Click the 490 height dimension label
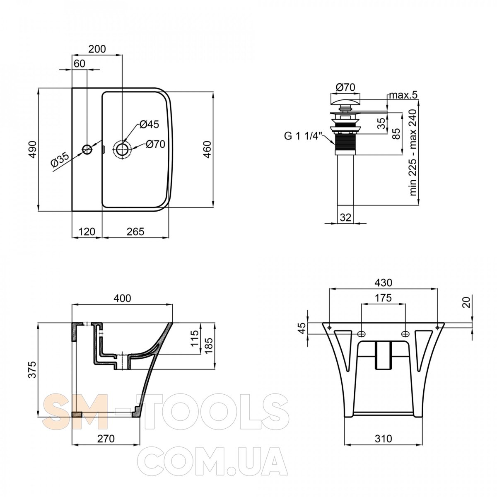[x=33, y=150]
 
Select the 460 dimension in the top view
[x=207, y=150]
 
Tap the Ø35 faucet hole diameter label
[x=60, y=160]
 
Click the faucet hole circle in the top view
[x=87, y=150]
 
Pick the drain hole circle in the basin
[x=122, y=150]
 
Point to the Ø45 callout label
[x=150, y=124]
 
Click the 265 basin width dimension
[x=135, y=232]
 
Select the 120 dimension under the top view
[x=87, y=232]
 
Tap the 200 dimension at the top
[x=97, y=49]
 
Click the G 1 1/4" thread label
[x=303, y=136]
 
